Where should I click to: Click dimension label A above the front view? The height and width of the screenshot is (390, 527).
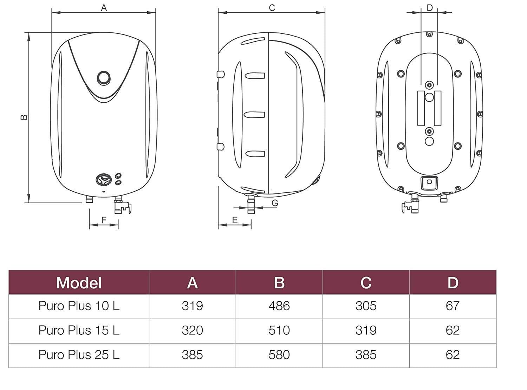104,8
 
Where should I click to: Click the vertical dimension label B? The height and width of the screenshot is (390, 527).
24,117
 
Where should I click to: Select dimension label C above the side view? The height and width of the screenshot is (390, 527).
272,8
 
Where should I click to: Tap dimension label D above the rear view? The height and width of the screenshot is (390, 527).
430,8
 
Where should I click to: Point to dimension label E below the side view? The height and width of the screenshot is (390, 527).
235,220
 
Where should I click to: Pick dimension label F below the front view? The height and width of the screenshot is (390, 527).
104,220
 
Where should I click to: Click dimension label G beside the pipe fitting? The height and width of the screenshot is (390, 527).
275,203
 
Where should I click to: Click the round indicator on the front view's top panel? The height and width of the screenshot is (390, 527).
104,78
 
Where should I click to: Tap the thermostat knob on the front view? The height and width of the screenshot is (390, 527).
103,180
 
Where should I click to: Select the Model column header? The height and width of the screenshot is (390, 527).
79,283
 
